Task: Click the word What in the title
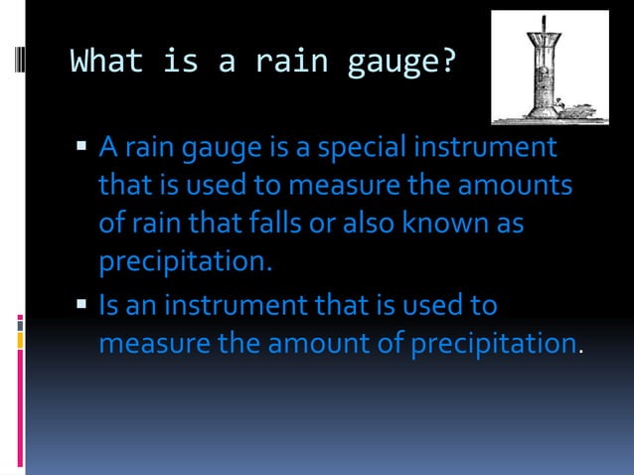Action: pos(104,63)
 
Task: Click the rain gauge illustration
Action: pos(550,67)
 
